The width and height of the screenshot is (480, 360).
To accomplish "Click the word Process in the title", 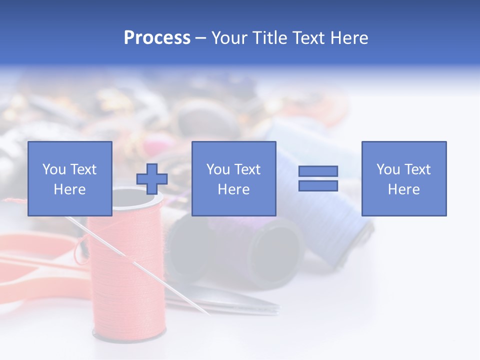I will click(x=157, y=38).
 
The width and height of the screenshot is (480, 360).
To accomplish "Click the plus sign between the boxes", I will click(x=152, y=178).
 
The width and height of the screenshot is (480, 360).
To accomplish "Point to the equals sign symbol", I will click(x=318, y=178).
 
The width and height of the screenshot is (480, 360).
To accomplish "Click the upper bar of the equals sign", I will click(x=318, y=171).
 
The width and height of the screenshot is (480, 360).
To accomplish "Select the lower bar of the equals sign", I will click(x=318, y=185).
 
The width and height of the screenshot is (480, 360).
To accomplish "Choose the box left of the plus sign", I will click(x=70, y=178).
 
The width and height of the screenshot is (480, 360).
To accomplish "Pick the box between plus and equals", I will click(x=233, y=178).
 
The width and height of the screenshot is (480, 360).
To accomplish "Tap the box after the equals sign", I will click(x=403, y=178).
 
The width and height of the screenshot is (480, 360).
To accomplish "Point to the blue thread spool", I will click(x=325, y=210).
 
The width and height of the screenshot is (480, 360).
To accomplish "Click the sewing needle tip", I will click(x=207, y=313).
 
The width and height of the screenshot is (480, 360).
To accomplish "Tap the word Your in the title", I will click(x=230, y=38).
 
